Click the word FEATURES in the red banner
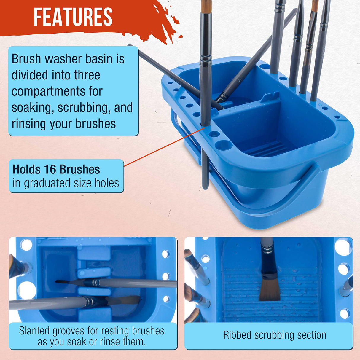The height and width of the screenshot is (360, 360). click(x=73, y=17)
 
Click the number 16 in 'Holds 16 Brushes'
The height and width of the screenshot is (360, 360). click(x=50, y=170)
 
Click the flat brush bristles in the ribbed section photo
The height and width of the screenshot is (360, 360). click(x=270, y=289)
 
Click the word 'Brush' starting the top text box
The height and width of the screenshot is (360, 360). click(x=26, y=59)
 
